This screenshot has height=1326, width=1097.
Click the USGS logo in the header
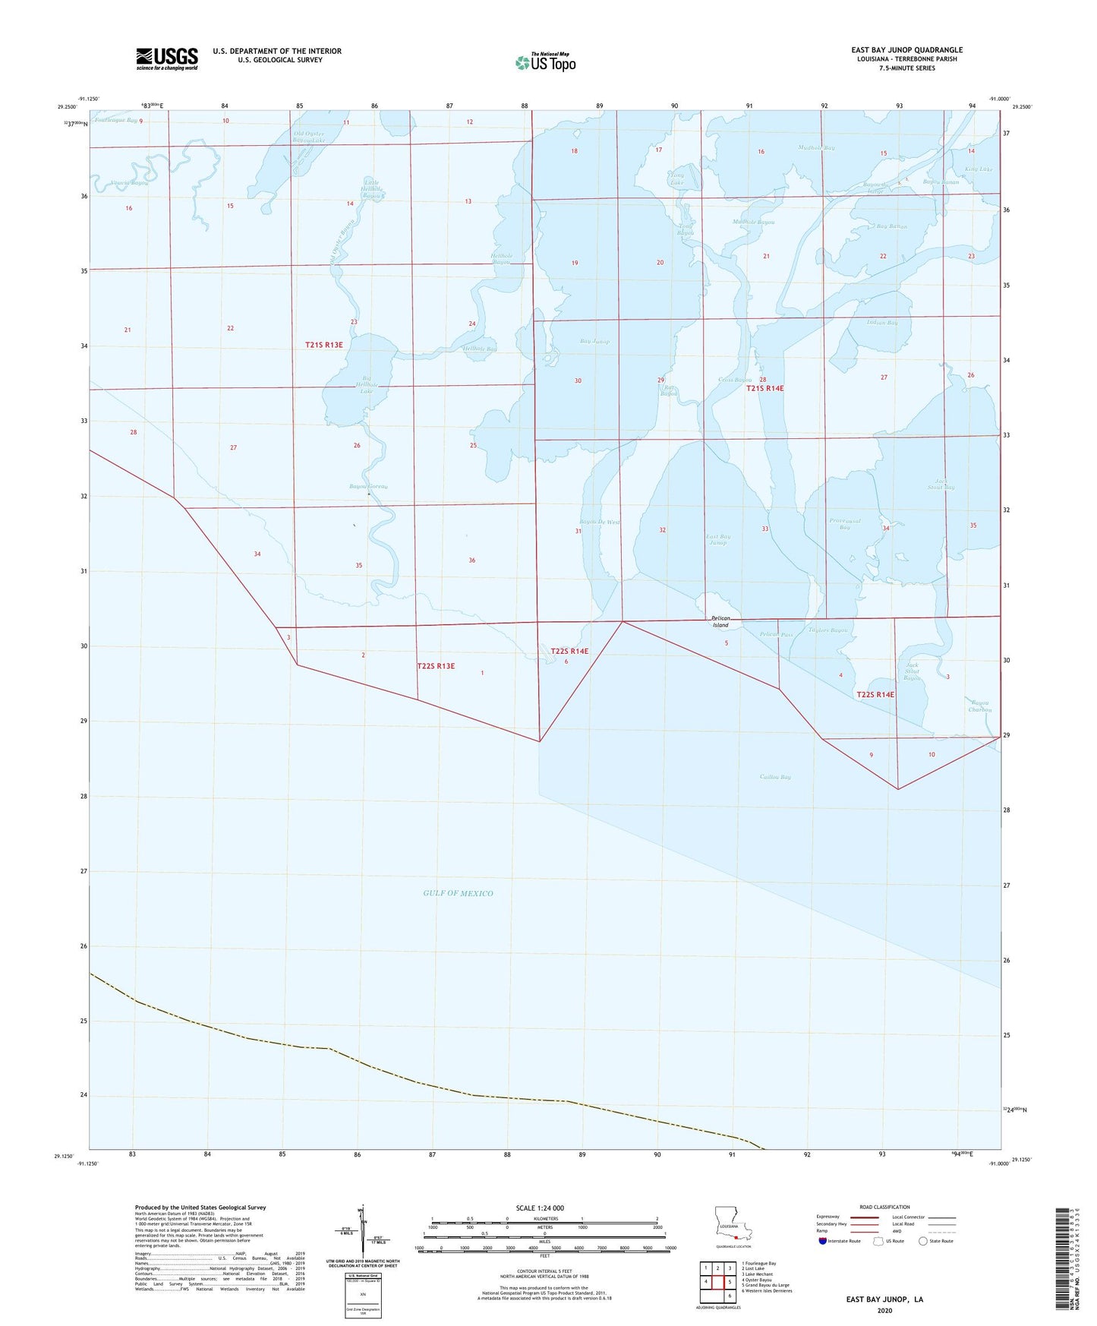(x=167, y=58)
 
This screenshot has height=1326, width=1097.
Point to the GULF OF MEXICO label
(x=458, y=893)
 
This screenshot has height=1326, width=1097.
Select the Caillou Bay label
(x=775, y=777)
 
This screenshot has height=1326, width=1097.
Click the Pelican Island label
(x=720, y=622)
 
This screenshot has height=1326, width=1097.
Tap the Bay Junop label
(x=594, y=342)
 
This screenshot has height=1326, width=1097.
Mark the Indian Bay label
(x=882, y=323)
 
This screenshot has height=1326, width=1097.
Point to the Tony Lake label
(x=676, y=178)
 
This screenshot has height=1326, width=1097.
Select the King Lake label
(x=979, y=169)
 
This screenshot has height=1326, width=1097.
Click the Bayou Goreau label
(x=368, y=486)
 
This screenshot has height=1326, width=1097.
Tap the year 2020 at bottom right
(x=884, y=1310)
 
